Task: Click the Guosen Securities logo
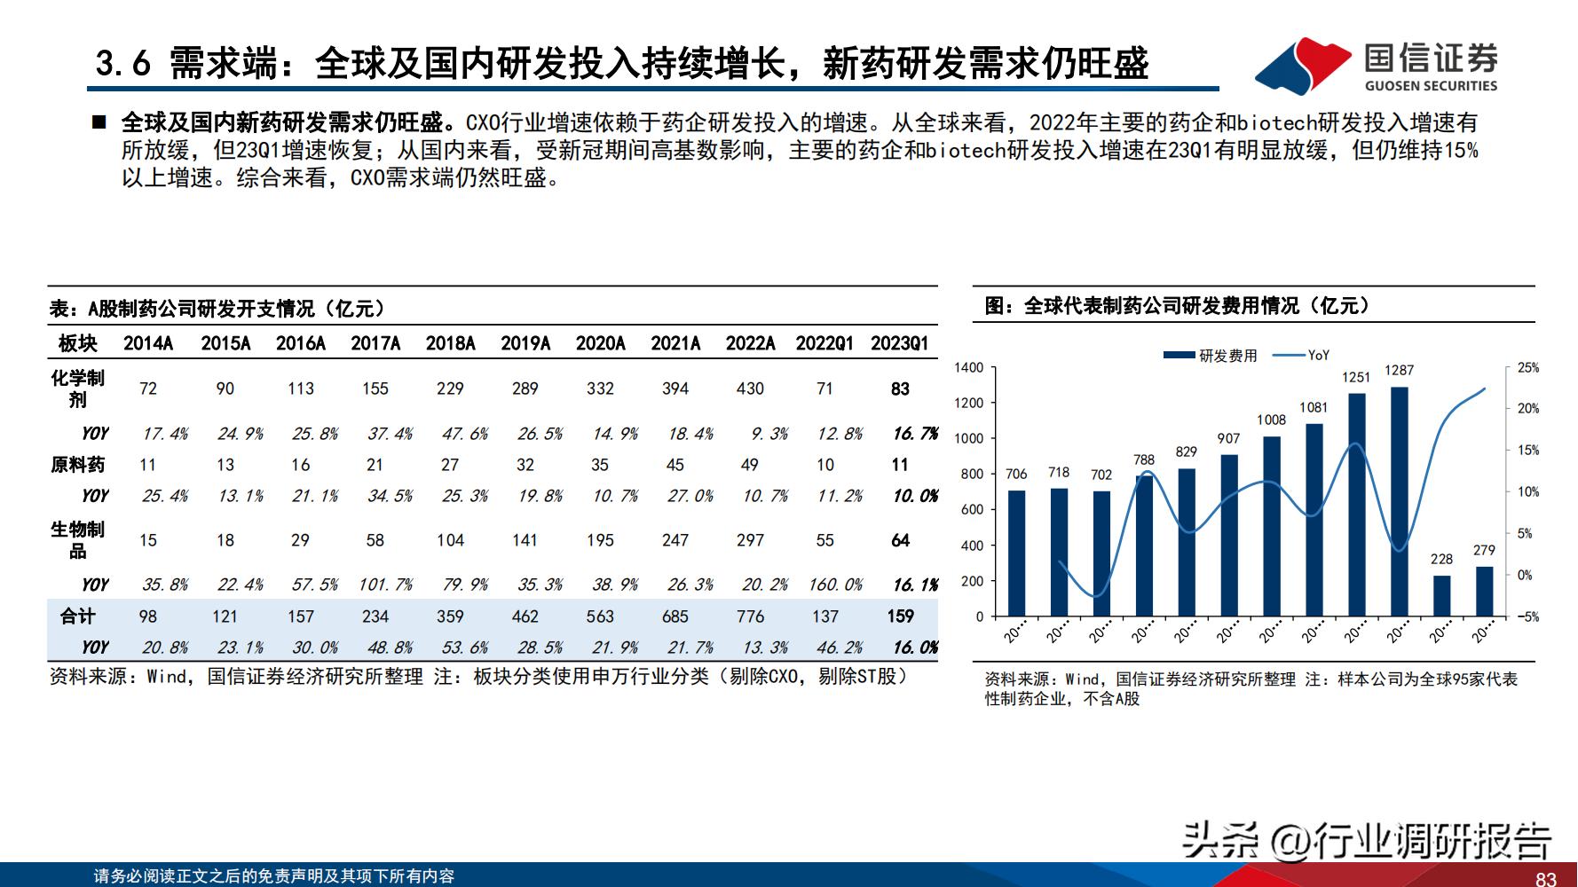1377,65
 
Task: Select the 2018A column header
450,343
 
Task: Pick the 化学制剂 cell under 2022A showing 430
750,389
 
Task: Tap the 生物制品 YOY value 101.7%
385,585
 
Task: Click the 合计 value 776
750,616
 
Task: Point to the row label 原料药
77,465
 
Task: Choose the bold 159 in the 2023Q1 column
900,616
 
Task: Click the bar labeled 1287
1399,501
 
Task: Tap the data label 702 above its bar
1101,475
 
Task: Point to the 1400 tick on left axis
968,367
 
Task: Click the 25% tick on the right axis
1527,367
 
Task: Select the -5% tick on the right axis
1527,616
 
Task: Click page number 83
1545,878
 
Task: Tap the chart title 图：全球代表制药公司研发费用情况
1178,306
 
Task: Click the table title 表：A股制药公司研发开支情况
217,308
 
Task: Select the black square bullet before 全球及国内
99,122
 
